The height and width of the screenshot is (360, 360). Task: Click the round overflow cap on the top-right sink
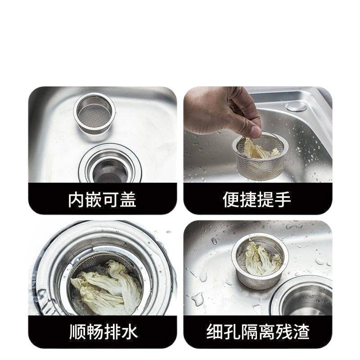click(296, 107)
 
